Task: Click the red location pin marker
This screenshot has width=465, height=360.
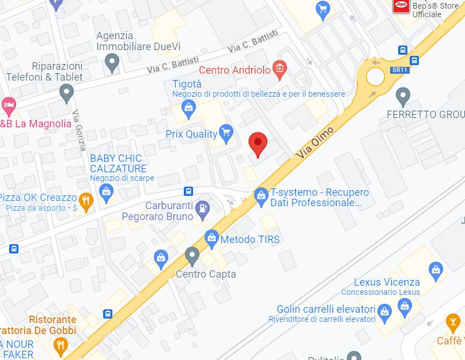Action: tap(258, 143)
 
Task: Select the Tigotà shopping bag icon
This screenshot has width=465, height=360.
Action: tap(188, 107)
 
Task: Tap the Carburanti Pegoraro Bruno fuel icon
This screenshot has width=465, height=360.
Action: tap(202, 209)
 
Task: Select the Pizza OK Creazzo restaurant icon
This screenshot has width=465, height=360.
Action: tap(86, 201)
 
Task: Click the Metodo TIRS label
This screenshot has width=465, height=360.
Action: tap(249, 240)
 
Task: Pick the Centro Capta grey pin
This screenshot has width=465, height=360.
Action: tap(192, 255)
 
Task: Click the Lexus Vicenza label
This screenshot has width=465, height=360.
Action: tap(387, 282)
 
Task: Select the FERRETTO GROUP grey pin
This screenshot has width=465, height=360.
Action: tap(403, 95)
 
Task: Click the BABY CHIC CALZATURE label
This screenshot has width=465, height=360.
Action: tap(118, 164)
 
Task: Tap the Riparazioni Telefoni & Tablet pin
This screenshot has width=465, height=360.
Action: tap(67, 92)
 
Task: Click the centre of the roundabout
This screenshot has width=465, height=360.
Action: tap(375, 76)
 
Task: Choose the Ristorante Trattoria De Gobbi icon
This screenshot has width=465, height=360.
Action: tap(60, 345)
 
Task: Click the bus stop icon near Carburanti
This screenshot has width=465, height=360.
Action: tap(188, 191)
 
